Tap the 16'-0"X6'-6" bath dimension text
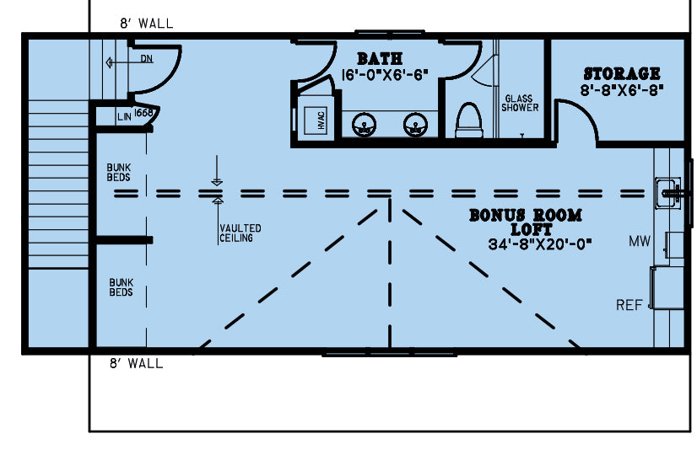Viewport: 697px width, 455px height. click(386, 75)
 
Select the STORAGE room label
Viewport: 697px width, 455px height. click(621, 74)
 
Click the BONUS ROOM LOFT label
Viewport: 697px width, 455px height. click(525, 222)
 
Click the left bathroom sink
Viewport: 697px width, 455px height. click(364, 125)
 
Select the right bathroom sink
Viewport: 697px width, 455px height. click(413, 125)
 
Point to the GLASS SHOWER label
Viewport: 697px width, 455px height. click(520, 103)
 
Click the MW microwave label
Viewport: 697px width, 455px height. click(639, 243)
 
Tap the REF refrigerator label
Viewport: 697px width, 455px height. click(629, 305)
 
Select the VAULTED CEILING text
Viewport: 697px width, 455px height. click(240, 233)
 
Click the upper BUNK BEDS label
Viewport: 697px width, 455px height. click(119, 173)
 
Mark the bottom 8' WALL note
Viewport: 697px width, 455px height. click(136, 364)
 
